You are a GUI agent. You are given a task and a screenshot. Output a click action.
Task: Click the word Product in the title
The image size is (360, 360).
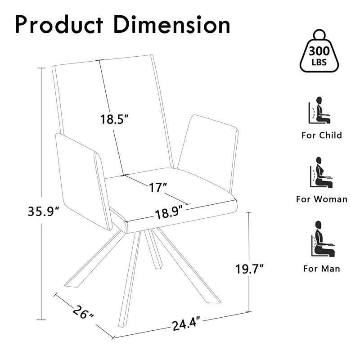click(59, 24)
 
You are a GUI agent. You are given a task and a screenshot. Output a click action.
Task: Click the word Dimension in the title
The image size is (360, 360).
click(172, 24)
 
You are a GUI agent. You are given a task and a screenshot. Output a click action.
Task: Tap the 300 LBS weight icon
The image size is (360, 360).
click(319, 51)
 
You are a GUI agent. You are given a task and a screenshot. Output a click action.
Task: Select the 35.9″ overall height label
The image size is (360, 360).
click(43, 211)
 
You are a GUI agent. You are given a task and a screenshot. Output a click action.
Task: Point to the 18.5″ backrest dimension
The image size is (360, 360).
click(114, 119)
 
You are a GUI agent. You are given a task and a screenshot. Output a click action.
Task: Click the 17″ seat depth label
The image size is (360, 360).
click(158, 187)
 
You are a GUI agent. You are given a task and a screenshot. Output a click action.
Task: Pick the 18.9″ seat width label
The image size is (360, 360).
click(170, 213)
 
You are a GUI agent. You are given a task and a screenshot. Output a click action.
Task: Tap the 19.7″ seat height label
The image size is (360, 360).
click(249, 269)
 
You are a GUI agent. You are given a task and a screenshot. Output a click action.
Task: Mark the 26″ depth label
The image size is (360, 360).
click(83, 312)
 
